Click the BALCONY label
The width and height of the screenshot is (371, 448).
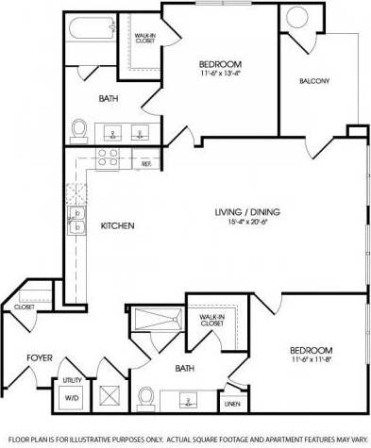[x=314, y=81]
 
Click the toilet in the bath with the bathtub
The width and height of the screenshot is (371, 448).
[x=79, y=128]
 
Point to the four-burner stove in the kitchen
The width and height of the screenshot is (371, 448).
[x=109, y=158]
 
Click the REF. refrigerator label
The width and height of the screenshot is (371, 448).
[x=146, y=164]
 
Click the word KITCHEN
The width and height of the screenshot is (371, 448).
[x=118, y=226]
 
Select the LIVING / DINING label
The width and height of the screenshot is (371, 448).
[x=247, y=211]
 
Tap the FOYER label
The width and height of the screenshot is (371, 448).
[x=40, y=358]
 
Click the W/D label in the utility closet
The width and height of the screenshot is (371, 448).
[x=72, y=396]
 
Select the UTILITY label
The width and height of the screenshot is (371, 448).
[x=73, y=379]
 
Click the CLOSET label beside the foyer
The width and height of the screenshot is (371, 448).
[x=23, y=307]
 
